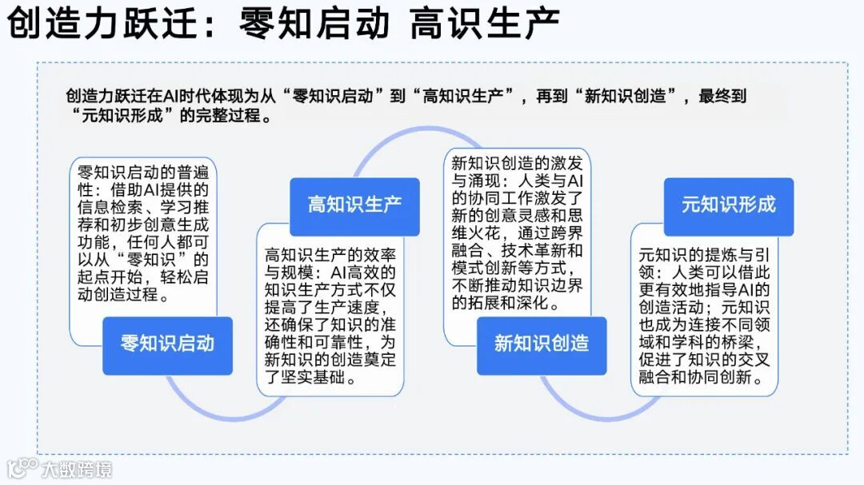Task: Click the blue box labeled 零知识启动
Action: (167, 345)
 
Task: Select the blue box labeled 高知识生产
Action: (354, 206)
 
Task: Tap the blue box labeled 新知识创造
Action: (542, 345)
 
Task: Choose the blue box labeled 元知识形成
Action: (729, 206)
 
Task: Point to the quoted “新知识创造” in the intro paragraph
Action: (626, 96)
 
